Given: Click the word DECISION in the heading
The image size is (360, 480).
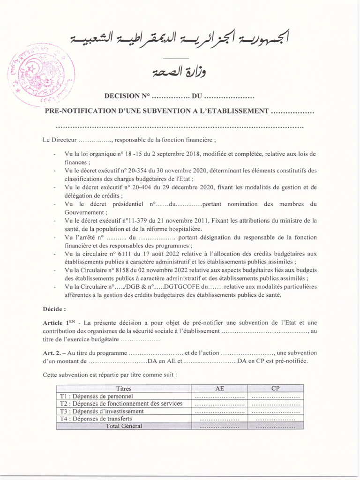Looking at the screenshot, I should (121, 96).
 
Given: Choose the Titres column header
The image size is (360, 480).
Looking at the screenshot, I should (124, 389).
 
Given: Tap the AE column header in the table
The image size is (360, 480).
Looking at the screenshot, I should (219, 389).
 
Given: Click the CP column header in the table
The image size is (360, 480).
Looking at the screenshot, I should (276, 389).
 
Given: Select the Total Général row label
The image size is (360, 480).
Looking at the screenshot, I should (124, 426).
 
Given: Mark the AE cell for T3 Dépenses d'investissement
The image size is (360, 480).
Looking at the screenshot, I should (219, 411).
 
